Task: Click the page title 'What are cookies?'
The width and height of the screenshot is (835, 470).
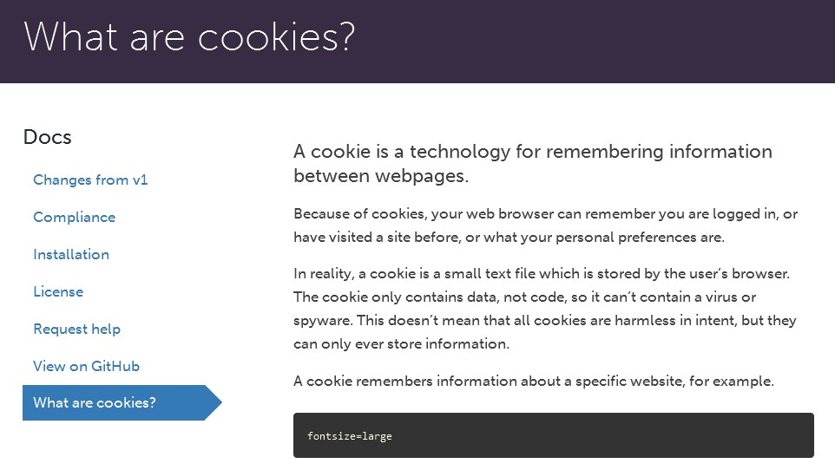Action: click(189, 38)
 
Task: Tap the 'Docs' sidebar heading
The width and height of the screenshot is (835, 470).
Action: click(47, 137)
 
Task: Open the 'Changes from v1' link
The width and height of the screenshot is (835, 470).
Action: click(90, 180)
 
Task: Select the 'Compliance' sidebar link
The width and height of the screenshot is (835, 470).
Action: click(74, 217)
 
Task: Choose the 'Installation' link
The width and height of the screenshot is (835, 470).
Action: click(71, 254)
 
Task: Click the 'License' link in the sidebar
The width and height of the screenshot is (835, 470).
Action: click(58, 291)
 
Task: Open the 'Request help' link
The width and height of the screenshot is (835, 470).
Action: click(76, 329)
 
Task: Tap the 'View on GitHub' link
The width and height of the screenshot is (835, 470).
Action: click(86, 366)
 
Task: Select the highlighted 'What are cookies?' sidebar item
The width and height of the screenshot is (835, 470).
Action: click(95, 402)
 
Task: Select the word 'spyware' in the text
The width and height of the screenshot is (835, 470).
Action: click(321, 320)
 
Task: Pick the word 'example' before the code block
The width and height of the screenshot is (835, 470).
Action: click(742, 382)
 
